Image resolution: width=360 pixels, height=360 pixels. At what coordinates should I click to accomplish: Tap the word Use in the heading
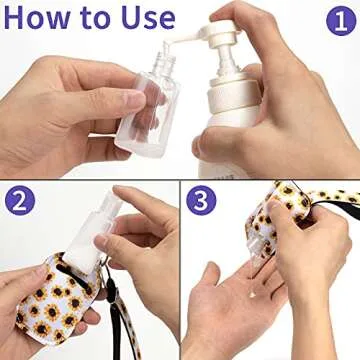tap(145, 18)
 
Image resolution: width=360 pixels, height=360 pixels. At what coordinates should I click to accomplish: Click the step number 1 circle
tap(339, 20)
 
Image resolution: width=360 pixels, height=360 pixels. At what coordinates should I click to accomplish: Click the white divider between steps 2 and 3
tap(180, 270)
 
